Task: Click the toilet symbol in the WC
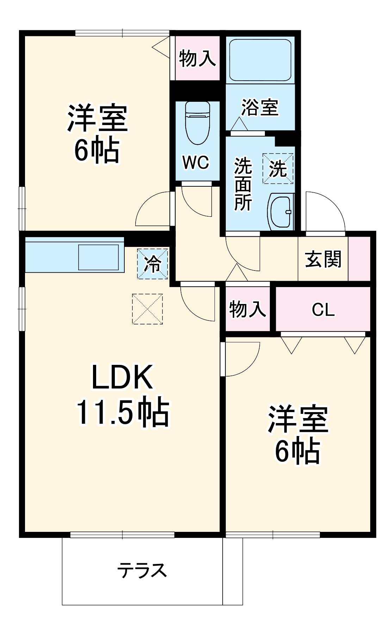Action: pyautogui.click(x=197, y=123)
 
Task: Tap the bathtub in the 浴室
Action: pyautogui.click(x=260, y=60)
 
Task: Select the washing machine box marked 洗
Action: pyautogui.click(x=278, y=168)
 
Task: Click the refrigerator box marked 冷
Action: pyautogui.click(x=153, y=263)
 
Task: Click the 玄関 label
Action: pyautogui.click(x=323, y=260)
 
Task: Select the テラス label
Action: pyautogui.click(x=142, y=570)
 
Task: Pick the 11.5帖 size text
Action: pyautogui.click(x=123, y=412)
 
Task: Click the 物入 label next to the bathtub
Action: pyautogui.click(x=197, y=58)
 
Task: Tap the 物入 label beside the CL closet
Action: pyautogui.click(x=247, y=310)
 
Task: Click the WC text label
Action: pyautogui.click(x=196, y=162)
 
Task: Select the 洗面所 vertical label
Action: pyautogui.click(x=243, y=184)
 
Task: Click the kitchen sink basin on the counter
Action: pyautogui.click(x=98, y=257)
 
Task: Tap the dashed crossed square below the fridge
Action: pyautogui.click(x=147, y=309)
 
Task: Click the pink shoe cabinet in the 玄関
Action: pyautogui.click(x=359, y=259)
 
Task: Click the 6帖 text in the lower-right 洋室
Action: pyautogui.click(x=298, y=452)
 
